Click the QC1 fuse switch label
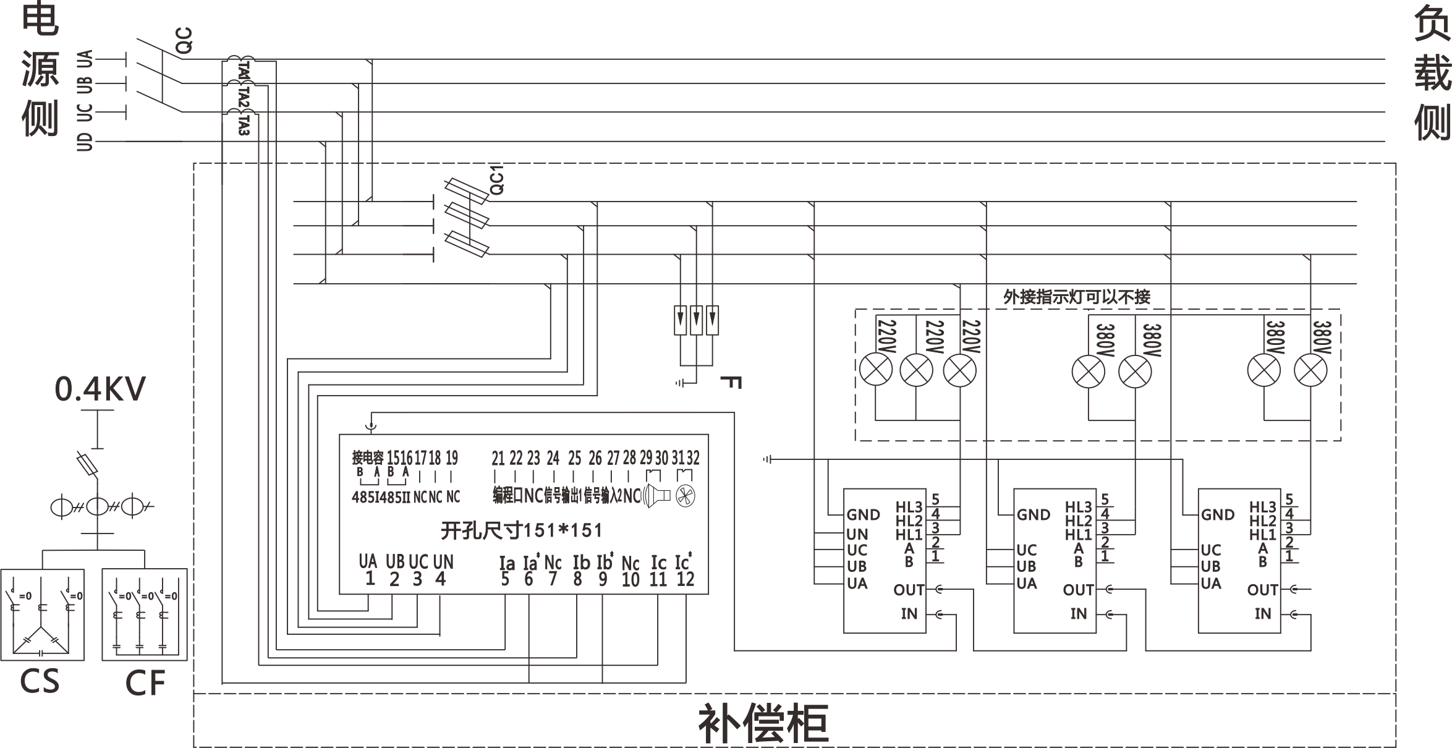(x=496, y=180)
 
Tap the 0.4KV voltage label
(x=100, y=389)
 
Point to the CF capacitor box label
(x=145, y=682)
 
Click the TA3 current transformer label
(x=243, y=124)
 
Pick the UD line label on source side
(x=85, y=142)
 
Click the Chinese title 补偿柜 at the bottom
(x=763, y=723)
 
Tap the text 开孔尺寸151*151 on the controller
(x=521, y=530)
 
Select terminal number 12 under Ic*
(x=685, y=579)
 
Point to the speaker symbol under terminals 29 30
(x=656, y=496)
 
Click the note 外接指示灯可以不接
(x=1076, y=297)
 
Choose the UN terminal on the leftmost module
(x=857, y=533)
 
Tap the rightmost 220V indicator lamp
(x=959, y=370)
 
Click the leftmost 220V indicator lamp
(x=876, y=370)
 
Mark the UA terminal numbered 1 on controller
(x=369, y=579)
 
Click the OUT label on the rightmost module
(x=1262, y=590)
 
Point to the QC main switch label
(x=184, y=40)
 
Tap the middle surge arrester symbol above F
(x=696, y=320)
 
